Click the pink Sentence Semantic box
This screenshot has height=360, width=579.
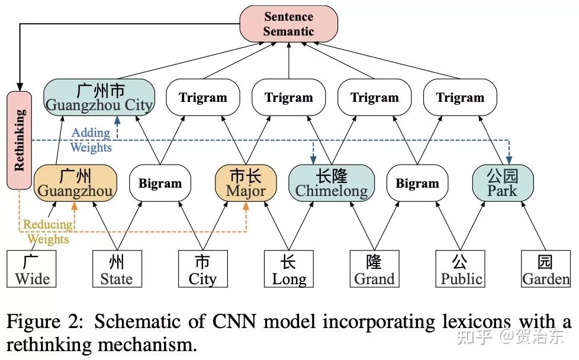pyautogui.click(x=288, y=24)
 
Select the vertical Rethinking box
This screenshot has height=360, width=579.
pyautogui.click(x=20, y=140)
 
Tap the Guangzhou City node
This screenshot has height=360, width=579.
pyautogui.click(x=99, y=98)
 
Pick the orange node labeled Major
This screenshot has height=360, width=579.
pyautogui.click(x=245, y=182)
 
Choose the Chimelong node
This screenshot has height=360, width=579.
pyautogui.click(x=332, y=182)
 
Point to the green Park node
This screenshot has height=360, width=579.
pyautogui.click(x=502, y=182)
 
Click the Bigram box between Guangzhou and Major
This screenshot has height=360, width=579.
pyautogui.click(x=160, y=183)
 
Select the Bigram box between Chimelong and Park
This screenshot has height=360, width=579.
pyautogui.click(x=417, y=183)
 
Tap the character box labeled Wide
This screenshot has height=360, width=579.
pyautogui.click(x=31, y=270)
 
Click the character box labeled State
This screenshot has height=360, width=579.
pyautogui.click(x=117, y=270)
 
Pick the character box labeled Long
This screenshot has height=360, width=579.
pyautogui.click(x=288, y=270)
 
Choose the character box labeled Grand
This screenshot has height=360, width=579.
pyautogui.click(x=374, y=270)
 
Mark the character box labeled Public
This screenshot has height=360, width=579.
pyautogui.click(x=460, y=270)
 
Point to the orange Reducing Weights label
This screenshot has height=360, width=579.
pyautogui.click(x=48, y=232)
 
